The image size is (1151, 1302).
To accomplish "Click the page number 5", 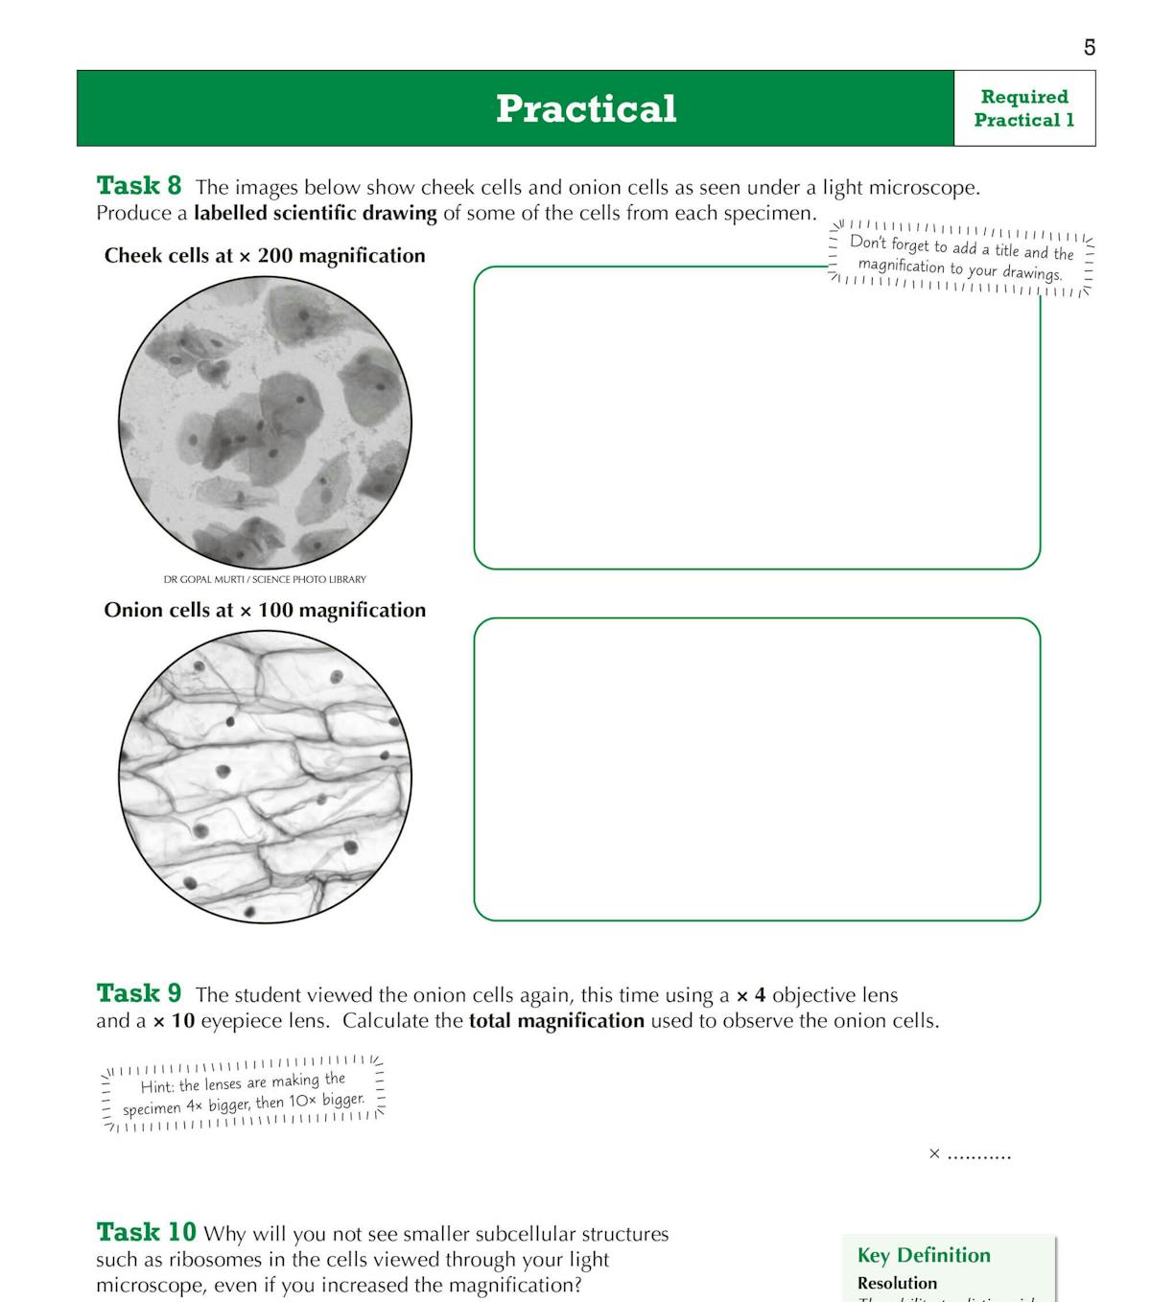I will click(1089, 47).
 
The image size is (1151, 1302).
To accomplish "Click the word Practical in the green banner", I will click(586, 108).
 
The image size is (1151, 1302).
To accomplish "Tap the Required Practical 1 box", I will click(1023, 108).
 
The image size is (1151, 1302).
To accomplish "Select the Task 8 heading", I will click(138, 185).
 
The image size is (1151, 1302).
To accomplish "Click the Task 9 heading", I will click(138, 992).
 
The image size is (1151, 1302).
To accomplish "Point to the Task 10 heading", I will click(146, 1232).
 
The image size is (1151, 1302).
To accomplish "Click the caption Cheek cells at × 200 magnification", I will click(265, 256).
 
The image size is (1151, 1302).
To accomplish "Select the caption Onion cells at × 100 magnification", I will click(265, 611).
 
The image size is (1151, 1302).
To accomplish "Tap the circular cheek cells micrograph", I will click(265, 423).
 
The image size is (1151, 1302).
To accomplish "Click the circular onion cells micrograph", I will click(265, 777).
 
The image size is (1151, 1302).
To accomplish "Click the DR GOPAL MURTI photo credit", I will click(265, 579).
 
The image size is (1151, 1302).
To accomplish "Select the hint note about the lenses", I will click(243, 1093).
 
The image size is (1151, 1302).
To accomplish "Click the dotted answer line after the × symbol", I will click(978, 1155).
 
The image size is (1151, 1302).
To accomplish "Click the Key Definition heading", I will click(924, 1255).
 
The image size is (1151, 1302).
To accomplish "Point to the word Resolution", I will click(897, 1283).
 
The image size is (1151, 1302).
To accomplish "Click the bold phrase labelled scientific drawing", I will click(315, 213).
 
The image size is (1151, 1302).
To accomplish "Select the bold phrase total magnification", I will click(556, 1021).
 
